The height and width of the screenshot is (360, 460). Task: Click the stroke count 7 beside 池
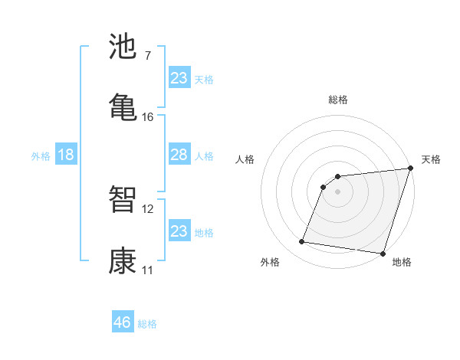point(147,56)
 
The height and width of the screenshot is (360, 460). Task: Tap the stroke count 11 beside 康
point(147,270)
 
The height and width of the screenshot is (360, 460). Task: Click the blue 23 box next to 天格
point(179,78)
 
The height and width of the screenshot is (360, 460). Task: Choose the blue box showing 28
point(179,155)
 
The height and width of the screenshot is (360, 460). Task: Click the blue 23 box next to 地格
point(179,231)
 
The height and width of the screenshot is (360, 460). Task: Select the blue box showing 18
point(66,155)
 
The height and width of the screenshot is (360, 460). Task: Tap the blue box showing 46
point(123,322)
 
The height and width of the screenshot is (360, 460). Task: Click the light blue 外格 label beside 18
point(41,156)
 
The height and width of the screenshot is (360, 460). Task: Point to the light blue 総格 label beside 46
point(147,324)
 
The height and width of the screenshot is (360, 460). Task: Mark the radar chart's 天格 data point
point(410,169)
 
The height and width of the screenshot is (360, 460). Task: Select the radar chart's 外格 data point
point(302,242)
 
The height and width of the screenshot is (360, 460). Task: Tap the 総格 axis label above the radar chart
point(338,100)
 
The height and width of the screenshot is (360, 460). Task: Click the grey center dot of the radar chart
point(338,191)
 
